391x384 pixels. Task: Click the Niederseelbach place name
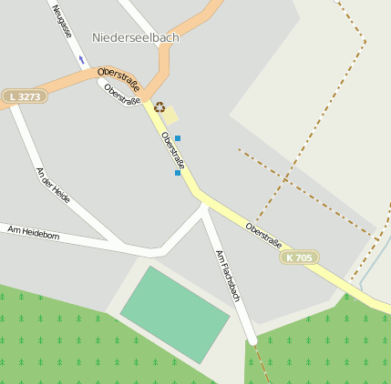[136, 38]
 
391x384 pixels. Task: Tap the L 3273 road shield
[24, 96]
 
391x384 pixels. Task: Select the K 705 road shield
[300, 258]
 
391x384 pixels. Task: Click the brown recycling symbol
[159, 107]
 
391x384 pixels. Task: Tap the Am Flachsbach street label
[227, 276]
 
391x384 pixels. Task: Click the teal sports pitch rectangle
[174, 315]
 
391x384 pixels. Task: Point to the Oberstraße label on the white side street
[122, 95]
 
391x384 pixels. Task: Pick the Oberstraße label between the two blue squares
[172, 151]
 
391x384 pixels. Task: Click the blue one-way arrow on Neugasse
[81, 61]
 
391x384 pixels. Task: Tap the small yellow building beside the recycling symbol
[171, 116]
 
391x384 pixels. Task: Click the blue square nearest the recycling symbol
[178, 138]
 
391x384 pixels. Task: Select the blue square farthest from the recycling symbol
[177, 172]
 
